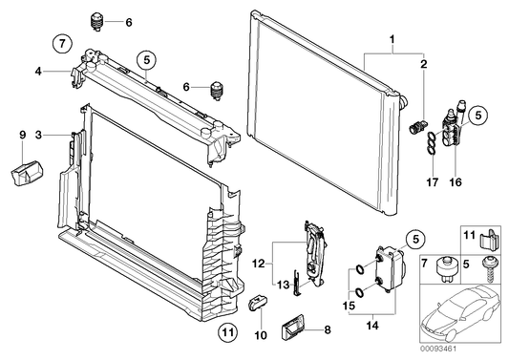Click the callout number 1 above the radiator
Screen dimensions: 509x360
pos(392,39)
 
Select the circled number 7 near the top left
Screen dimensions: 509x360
pos(62,43)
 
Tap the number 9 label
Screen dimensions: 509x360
pos(22,135)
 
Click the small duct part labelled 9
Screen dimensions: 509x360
pos(27,174)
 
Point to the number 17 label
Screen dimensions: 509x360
pos(432,182)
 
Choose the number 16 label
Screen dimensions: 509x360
pos(456,182)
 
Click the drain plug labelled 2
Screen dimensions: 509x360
pos(418,127)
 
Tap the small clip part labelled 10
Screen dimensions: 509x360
pos(258,302)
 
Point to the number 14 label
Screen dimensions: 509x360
pos(372,326)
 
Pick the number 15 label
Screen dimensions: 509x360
pos(350,306)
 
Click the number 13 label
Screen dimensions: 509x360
pos(283,285)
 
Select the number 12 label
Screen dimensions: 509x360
pos(259,264)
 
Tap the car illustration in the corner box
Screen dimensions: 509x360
pos(460,314)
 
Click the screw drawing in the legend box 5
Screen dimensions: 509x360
pos(488,267)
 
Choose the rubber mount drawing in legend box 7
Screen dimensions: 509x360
pos(445,268)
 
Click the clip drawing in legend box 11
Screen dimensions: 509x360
pos(489,239)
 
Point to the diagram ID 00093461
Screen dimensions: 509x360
pos(438,349)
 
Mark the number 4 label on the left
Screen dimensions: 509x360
pos(38,71)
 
